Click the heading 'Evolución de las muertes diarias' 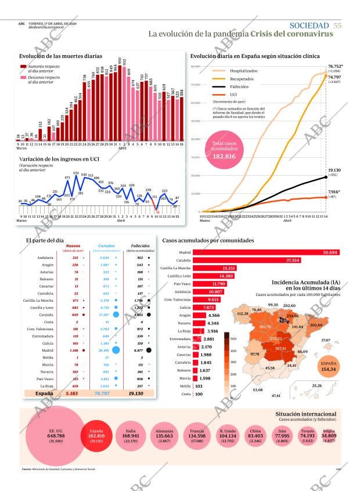pyautogui.click(x=57, y=56)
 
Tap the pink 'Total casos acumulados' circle pyautogui.click(x=224, y=151)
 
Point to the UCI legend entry pyautogui.click(x=233, y=93)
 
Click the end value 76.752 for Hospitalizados pyautogui.click(x=334, y=67)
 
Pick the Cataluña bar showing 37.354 pyautogui.click(x=247, y=261)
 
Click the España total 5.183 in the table pyautogui.click(x=72, y=393)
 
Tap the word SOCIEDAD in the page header pyautogui.click(x=309, y=25)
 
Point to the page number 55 pyautogui.click(x=337, y=25)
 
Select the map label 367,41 pyautogui.click(x=281, y=348)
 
